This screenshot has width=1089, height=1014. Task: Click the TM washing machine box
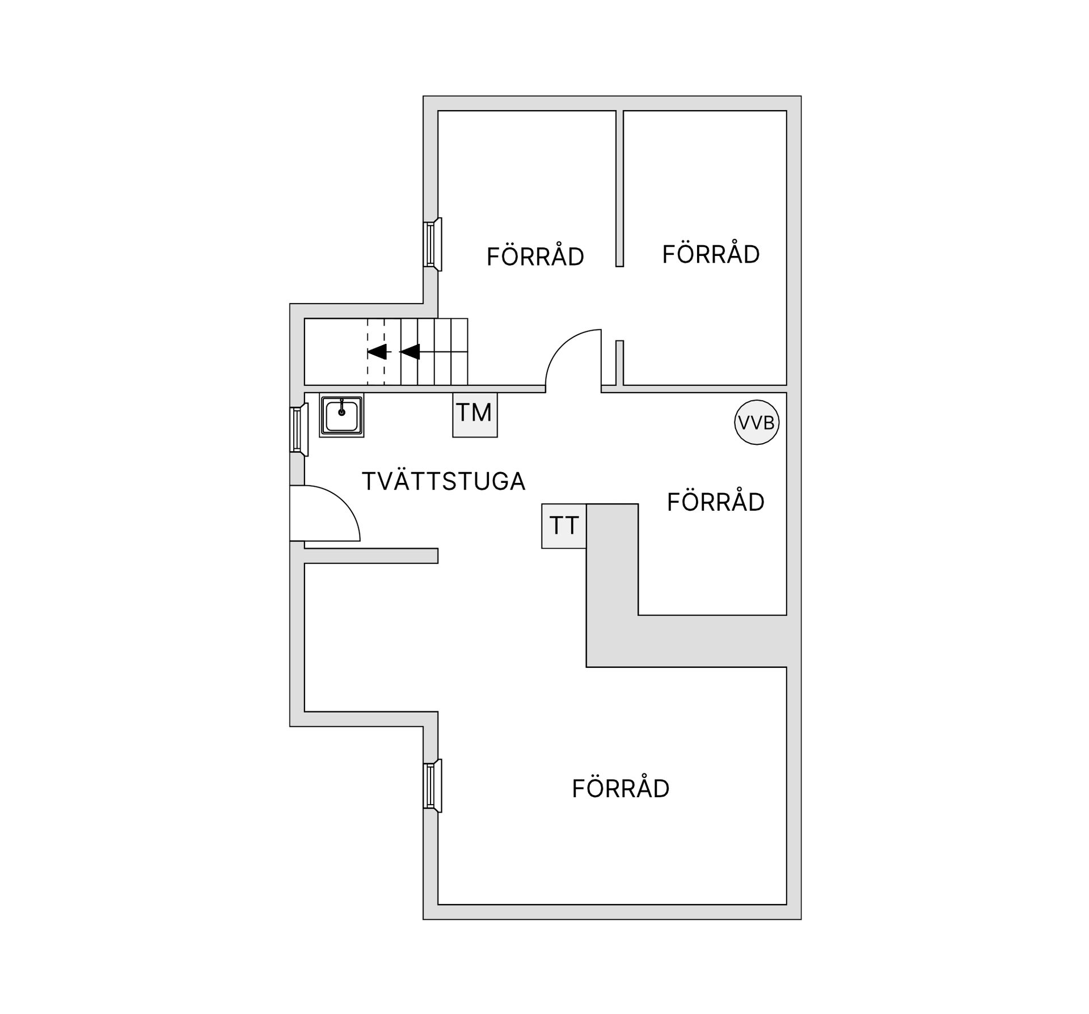[x=475, y=414]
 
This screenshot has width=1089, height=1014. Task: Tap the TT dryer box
[x=564, y=526]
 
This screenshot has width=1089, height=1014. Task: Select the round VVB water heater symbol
[x=757, y=422]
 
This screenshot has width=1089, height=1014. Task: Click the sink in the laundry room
[x=341, y=415]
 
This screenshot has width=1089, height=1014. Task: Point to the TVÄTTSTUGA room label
[x=444, y=482]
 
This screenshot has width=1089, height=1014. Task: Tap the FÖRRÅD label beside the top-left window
[x=535, y=256]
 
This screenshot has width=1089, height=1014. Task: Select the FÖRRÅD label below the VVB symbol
[x=715, y=502]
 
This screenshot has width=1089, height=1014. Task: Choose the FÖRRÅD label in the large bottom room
[x=621, y=789]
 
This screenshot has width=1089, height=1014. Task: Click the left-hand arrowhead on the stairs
[x=377, y=352]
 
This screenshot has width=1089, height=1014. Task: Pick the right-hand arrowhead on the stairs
[x=410, y=352]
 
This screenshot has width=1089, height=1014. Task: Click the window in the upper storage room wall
[x=432, y=245]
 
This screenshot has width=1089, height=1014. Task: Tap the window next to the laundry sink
[x=298, y=430]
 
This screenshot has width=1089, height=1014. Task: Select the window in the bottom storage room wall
[x=432, y=786]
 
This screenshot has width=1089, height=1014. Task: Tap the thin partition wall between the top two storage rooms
[x=619, y=187]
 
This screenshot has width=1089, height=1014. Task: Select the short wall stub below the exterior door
[x=372, y=556]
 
